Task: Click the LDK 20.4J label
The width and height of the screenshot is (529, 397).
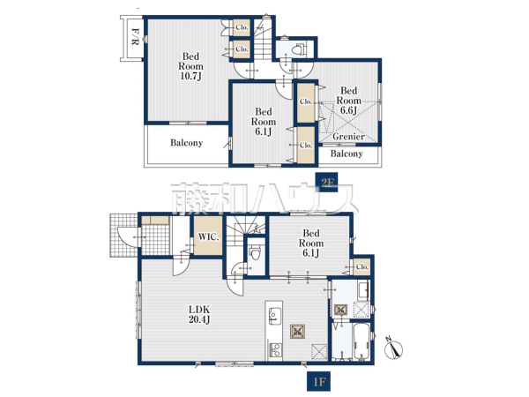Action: [x=199, y=314]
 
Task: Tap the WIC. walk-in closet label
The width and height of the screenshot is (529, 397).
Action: [x=208, y=237]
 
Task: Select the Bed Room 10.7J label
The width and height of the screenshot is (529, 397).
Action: [x=190, y=66]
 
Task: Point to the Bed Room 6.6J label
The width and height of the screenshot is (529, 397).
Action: [x=348, y=101]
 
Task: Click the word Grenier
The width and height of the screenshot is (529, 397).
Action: [x=348, y=137]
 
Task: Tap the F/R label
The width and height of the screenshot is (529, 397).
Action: [x=134, y=36]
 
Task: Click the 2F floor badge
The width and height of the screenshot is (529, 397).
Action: [x=326, y=183]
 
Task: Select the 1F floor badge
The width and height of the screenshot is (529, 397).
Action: [x=319, y=381]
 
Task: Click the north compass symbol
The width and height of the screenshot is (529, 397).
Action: [x=394, y=348]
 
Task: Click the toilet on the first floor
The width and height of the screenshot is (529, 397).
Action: [x=255, y=252]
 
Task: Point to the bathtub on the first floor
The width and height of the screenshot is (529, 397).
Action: [x=361, y=342]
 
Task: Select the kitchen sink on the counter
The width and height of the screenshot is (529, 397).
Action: [x=274, y=316]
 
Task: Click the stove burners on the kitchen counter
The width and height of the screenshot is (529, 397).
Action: [x=276, y=349]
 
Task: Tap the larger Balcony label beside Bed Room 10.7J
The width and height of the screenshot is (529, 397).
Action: [x=186, y=143]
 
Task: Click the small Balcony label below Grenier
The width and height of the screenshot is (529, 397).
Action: [x=346, y=154]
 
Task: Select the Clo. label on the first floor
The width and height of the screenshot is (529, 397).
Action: [x=362, y=266]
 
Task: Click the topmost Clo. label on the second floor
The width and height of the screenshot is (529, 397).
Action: [x=242, y=27]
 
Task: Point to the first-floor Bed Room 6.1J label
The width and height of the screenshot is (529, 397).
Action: [x=310, y=243]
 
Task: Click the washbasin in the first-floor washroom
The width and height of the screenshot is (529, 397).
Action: [x=363, y=290]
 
